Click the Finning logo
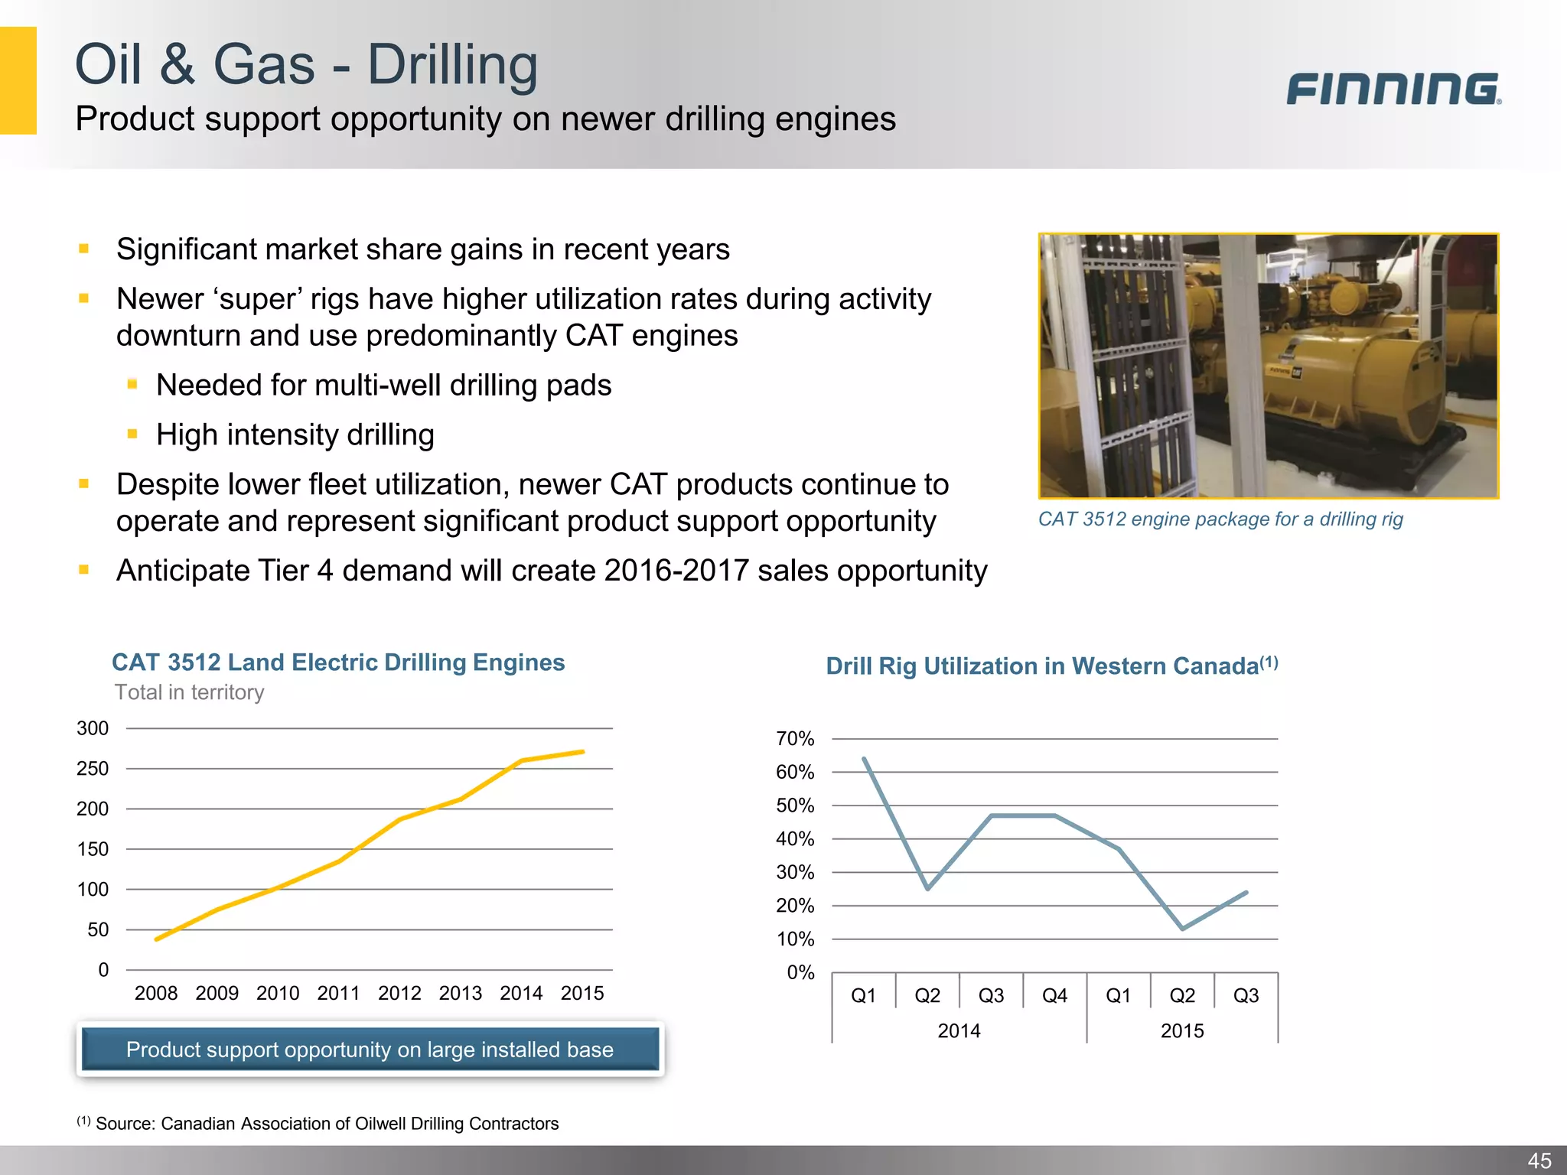1393,89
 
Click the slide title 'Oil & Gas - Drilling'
306,64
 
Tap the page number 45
1539,1160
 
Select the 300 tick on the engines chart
93,728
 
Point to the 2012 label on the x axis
399,993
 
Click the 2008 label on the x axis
156,993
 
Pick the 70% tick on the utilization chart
795,739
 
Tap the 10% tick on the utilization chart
795,939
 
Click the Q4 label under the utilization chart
1054,995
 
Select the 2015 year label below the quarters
1182,1031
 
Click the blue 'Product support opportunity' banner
370,1050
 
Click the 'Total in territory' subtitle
189,692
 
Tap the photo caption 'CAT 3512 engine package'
1220,519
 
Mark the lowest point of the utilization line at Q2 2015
1183,929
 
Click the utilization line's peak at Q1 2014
864,759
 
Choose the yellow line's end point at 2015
583,752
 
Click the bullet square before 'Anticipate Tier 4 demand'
84,570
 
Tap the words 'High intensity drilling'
295,435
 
